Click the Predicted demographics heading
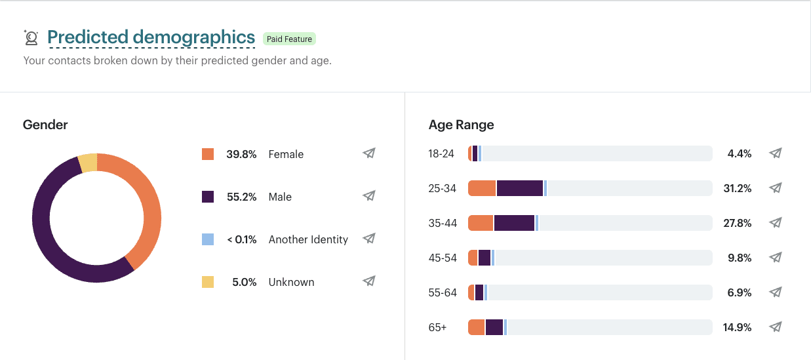click(151, 37)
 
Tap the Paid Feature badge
click(289, 39)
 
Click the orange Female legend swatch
click(208, 154)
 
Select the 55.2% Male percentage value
click(241, 197)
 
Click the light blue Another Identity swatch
click(208, 239)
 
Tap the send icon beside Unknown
click(369, 281)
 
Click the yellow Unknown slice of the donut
click(88, 163)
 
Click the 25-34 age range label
click(442, 188)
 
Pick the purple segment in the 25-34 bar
click(519, 188)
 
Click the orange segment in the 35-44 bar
click(481, 223)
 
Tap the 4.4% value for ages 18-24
click(740, 153)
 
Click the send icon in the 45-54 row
click(775, 257)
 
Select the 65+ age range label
click(437, 327)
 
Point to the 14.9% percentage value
click(737, 327)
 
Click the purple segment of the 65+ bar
click(494, 327)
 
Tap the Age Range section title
click(462, 125)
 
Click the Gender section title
click(45, 125)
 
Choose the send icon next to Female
click(369, 153)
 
